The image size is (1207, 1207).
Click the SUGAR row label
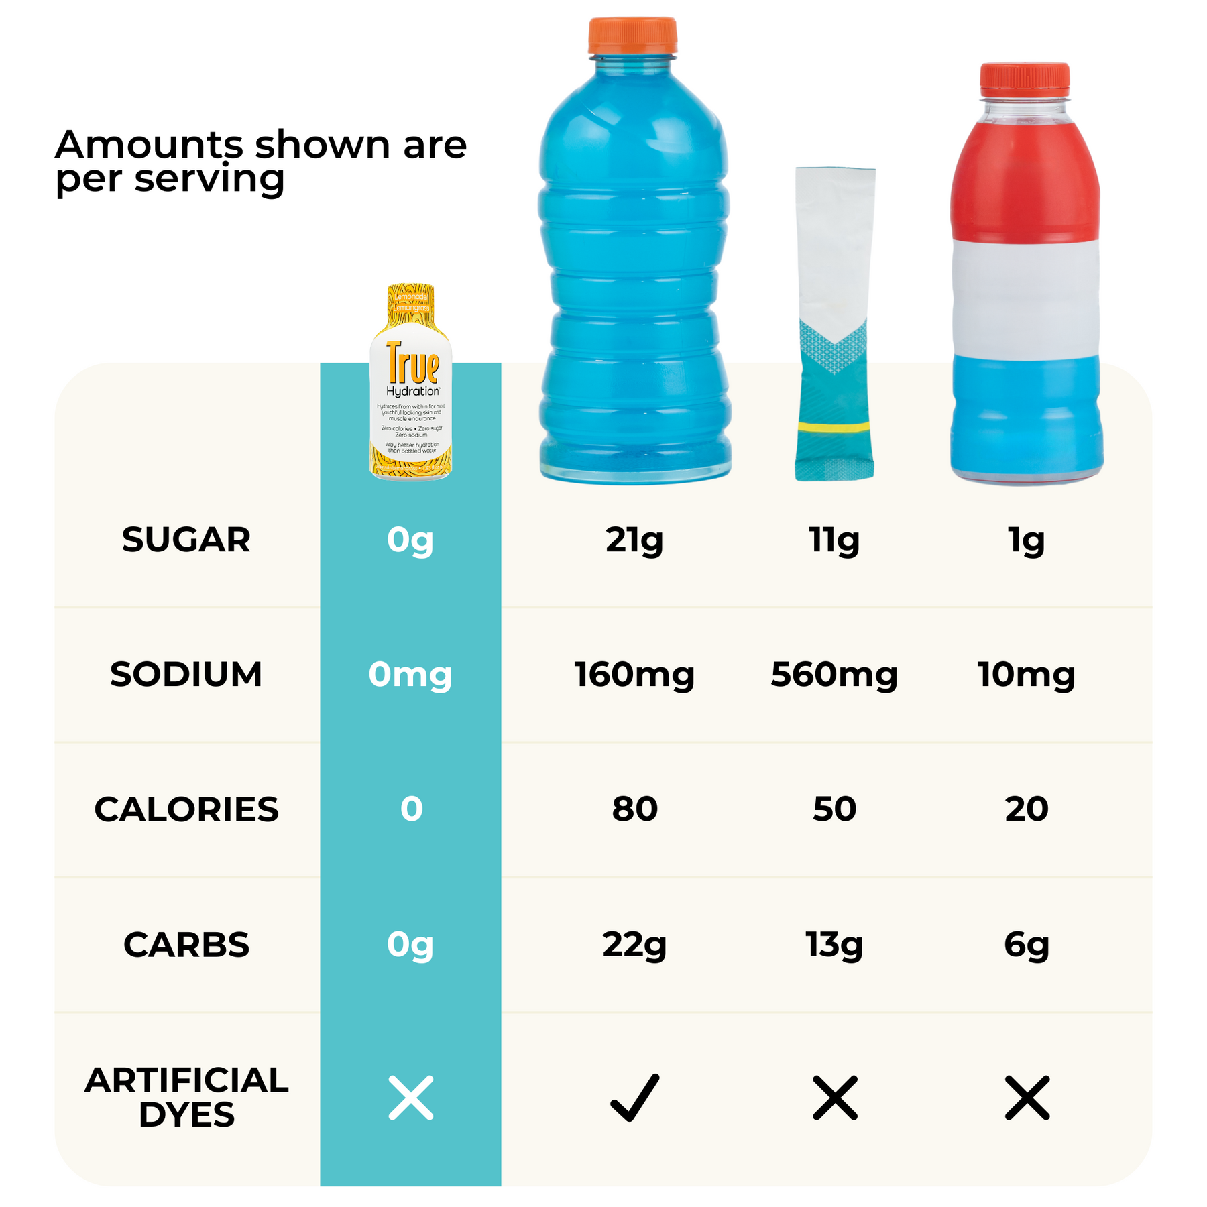pos(186,540)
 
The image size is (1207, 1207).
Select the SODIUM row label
pos(186,675)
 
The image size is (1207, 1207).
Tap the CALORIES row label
pos(186,809)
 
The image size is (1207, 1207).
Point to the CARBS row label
pos(186,945)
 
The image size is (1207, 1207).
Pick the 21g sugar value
pos(634,540)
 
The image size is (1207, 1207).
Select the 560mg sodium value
pos(834,675)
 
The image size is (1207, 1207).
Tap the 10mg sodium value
pos(1026,675)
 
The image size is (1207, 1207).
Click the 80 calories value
pos(634,809)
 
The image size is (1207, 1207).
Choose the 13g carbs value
pos(834,945)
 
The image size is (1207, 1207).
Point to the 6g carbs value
pos(1026,945)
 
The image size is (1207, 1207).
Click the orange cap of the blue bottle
pos(632,35)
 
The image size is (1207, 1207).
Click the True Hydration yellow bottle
pos(411,382)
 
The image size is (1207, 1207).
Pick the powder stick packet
pos(835,322)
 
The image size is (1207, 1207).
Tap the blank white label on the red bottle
pos(1025,298)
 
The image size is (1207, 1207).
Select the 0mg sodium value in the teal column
pos(410,675)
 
